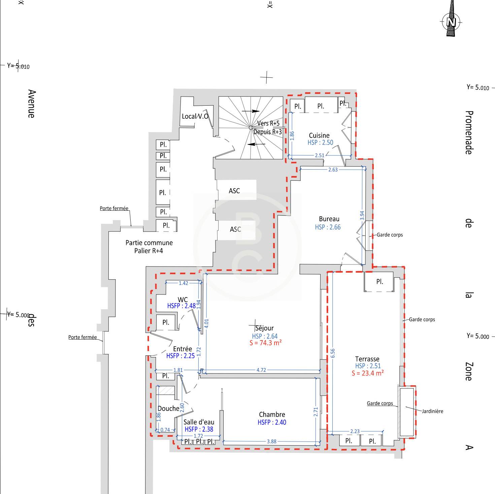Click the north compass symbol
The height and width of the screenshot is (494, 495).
[x=451, y=21]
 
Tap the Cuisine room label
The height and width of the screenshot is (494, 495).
[x=319, y=135]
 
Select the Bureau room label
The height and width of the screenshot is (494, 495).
[x=329, y=219]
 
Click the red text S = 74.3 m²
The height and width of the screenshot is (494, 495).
[x=265, y=343]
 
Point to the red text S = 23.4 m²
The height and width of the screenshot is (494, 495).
[x=368, y=373]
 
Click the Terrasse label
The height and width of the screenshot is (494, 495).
[x=367, y=359]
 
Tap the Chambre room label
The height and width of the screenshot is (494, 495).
[x=272, y=414]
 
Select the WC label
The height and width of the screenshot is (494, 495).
[x=183, y=299]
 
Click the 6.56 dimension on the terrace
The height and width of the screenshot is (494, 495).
[x=333, y=353]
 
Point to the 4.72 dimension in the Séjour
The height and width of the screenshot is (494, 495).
[x=261, y=370]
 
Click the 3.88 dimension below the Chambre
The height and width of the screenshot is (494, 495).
[x=271, y=442]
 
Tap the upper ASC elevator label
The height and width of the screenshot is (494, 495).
[x=234, y=191]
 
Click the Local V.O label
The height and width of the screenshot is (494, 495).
[x=195, y=116]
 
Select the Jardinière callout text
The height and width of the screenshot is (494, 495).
[x=433, y=411]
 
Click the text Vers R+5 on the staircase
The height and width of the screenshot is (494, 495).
[x=268, y=123]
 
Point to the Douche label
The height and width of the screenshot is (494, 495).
[x=168, y=409]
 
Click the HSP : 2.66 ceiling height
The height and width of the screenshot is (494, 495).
[x=328, y=227]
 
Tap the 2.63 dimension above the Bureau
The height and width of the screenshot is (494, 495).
[x=333, y=170]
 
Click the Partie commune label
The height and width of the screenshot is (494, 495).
[x=149, y=243]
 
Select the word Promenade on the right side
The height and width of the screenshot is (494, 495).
[x=469, y=133]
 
